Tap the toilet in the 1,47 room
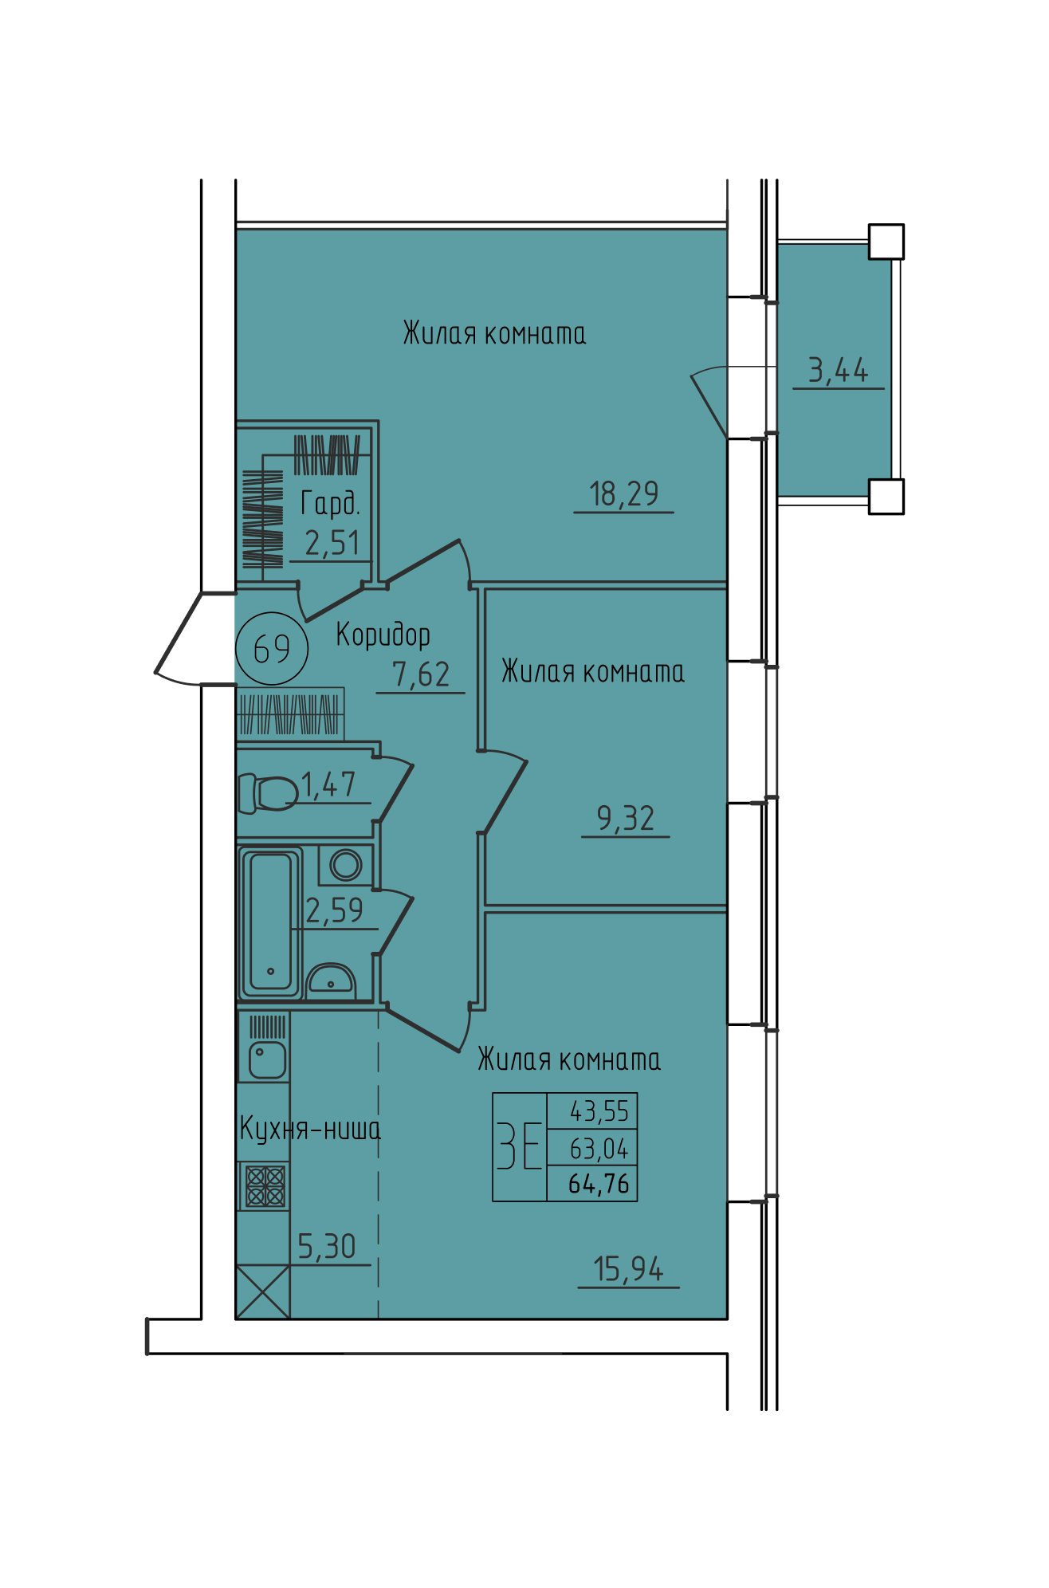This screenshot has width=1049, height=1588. click(268, 794)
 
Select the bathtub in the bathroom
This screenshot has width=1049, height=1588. click(271, 922)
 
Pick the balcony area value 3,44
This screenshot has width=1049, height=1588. click(838, 371)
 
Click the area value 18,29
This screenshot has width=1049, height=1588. click(624, 494)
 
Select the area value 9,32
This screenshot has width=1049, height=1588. click(626, 819)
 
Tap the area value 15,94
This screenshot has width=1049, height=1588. click(629, 1269)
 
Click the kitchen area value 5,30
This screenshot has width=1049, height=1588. click(327, 1247)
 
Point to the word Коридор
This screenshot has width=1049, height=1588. click(383, 635)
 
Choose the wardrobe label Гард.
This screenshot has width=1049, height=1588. click(330, 504)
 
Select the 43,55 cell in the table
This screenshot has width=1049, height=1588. click(599, 1111)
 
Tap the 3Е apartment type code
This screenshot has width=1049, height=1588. click(520, 1146)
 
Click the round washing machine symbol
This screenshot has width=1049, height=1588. click(346, 865)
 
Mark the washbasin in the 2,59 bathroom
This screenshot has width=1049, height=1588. click(331, 981)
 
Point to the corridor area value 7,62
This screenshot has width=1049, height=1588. click(421, 675)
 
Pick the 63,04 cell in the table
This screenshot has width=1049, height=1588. click(599, 1149)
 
